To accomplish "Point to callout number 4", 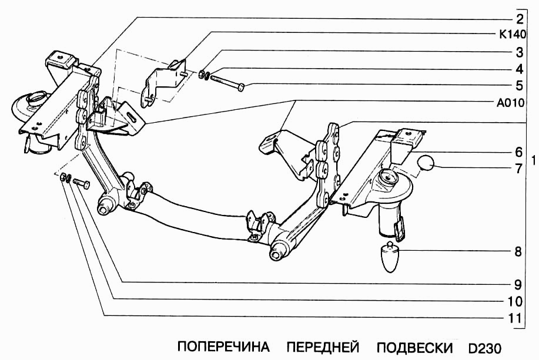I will click(x=519, y=68).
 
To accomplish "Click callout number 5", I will click(x=519, y=85).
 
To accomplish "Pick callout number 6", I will click(x=519, y=152).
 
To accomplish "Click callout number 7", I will click(x=519, y=169).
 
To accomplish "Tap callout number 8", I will click(x=518, y=252).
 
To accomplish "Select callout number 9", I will click(x=518, y=285).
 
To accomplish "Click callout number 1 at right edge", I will click(x=533, y=160).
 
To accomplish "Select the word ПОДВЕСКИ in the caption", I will click(x=415, y=346).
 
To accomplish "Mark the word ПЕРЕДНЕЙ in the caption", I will click(x=323, y=346).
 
